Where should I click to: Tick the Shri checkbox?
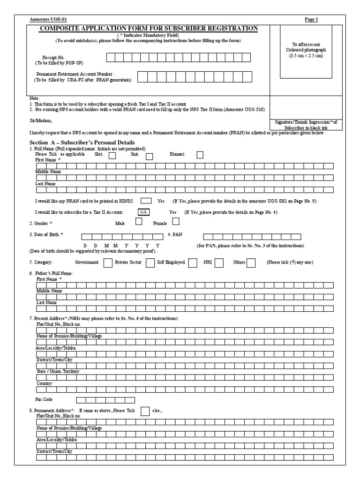[112, 157]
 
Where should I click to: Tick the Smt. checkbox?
[149, 157]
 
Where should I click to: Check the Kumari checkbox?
[200, 155]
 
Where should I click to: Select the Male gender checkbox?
[138, 222]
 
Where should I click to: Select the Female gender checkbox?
[176, 222]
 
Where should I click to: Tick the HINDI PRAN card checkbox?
[146, 201]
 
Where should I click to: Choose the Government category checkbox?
[107, 262]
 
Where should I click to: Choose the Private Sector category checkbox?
[150, 262]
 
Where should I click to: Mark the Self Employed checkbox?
[192, 262]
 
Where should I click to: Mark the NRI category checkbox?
[219, 262]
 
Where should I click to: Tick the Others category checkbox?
[251, 262]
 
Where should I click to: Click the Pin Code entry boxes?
[105, 400]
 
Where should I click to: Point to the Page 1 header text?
[311, 20]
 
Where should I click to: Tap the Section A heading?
[82, 142]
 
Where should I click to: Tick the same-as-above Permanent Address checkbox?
[145, 411]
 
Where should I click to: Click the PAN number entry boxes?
[252, 236]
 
